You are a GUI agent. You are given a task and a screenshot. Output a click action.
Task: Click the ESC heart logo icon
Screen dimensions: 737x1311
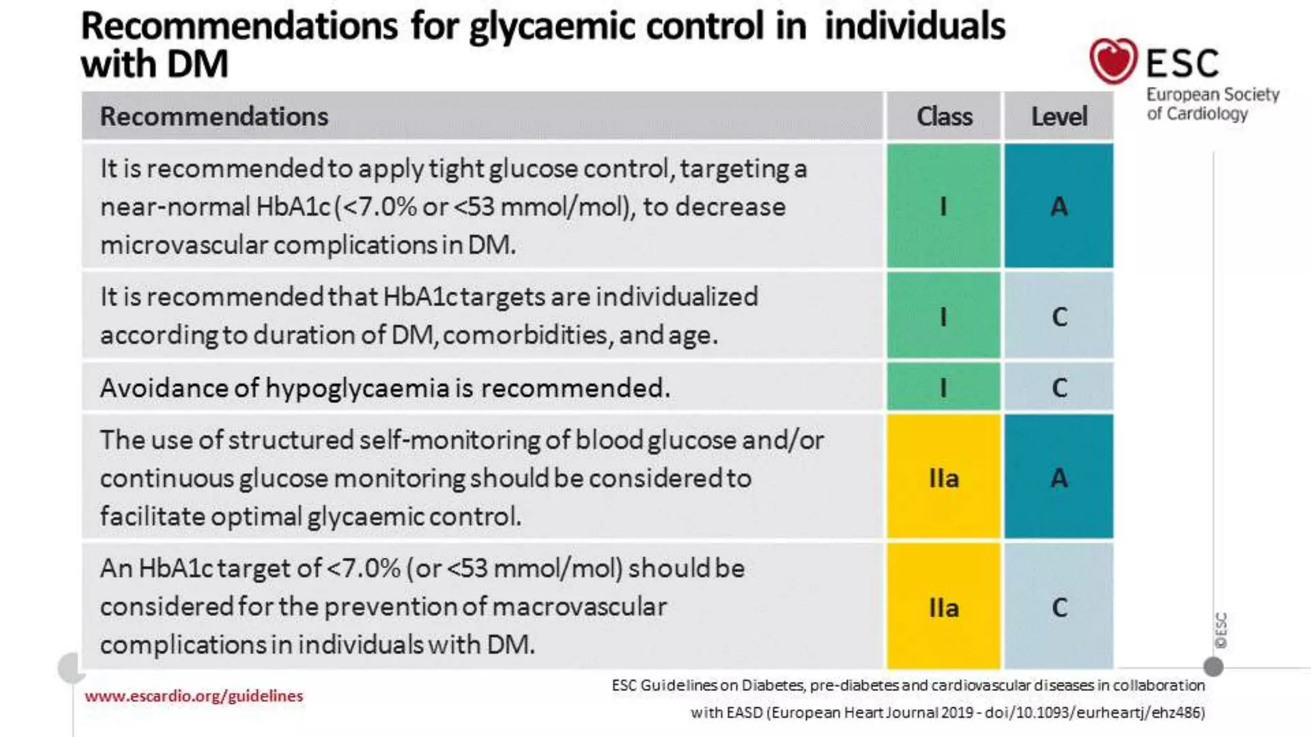tap(1113, 61)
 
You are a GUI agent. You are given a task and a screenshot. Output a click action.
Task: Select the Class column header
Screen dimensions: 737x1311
tap(944, 116)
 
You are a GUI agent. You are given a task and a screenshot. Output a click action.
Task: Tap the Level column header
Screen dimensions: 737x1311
tap(1059, 116)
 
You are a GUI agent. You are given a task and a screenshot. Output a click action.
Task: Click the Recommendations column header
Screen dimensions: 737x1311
tap(214, 116)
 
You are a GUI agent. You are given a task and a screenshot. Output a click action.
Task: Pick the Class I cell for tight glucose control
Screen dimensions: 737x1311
tap(944, 206)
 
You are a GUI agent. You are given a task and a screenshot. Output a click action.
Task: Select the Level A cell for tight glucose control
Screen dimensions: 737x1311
tap(1059, 206)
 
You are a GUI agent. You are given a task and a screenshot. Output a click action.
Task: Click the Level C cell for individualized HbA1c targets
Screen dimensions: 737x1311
tap(1059, 316)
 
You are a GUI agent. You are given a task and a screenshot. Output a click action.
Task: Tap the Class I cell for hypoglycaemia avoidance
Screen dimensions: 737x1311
tap(944, 387)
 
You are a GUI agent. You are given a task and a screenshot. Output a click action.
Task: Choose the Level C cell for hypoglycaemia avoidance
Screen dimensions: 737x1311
tap(1059, 387)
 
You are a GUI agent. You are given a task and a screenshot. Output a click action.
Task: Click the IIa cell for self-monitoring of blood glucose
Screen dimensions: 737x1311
tap(944, 478)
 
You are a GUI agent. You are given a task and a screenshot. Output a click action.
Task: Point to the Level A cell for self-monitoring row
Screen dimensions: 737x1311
tap(1059, 478)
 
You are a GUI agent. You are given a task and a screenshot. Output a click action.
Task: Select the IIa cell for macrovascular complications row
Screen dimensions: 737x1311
tap(944, 607)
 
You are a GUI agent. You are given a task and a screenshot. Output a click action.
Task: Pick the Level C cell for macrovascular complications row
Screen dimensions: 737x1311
tap(1059, 607)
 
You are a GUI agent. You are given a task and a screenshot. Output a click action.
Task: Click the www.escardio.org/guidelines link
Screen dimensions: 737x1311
tap(193, 696)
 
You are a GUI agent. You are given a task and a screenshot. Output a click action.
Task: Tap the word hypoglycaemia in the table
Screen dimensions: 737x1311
tap(357, 388)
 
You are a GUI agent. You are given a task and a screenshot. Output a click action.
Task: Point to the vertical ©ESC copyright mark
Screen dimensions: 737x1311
tap(1221, 630)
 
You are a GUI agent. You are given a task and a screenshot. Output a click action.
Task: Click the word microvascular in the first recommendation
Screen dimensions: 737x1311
tap(183, 245)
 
